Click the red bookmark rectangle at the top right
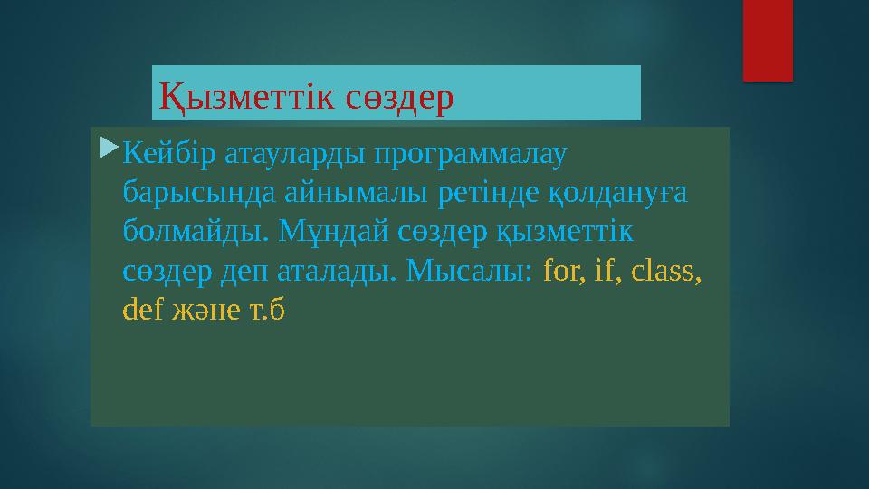pyautogui.click(x=768, y=39)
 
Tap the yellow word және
pyautogui.click(x=204, y=311)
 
